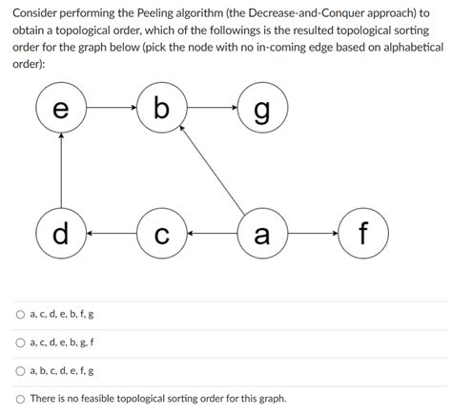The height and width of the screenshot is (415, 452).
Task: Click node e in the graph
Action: pyautogui.click(x=60, y=109)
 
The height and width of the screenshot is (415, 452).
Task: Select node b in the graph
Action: pyautogui.click(x=161, y=108)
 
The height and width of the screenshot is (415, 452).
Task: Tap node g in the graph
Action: pyautogui.click(x=260, y=109)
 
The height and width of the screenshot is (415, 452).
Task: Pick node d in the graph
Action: pyautogui.click(x=60, y=232)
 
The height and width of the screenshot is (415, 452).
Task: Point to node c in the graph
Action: pyautogui.click(x=161, y=232)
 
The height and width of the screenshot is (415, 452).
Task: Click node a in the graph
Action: pyautogui.click(x=260, y=232)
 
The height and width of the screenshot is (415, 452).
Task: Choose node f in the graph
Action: pyautogui.click(x=363, y=232)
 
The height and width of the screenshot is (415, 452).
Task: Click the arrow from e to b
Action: pyautogui.click(x=111, y=108)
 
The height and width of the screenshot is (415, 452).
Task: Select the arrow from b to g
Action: pyautogui.click(x=211, y=108)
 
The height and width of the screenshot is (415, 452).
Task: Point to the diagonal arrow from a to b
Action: pyautogui.click(x=213, y=173)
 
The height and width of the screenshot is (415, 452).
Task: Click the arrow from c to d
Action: pyautogui.click(x=111, y=232)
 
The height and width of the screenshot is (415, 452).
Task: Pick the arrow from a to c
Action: pyautogui.click(x=211, y=232)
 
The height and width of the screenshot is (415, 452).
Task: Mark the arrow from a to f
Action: pyautogui.click(x=312, y=232)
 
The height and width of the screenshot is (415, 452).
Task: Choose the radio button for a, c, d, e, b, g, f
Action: pyautogui.click(x=20, y=342)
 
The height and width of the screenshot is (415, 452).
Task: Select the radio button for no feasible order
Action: pyautogui.click(x=20, y=398)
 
